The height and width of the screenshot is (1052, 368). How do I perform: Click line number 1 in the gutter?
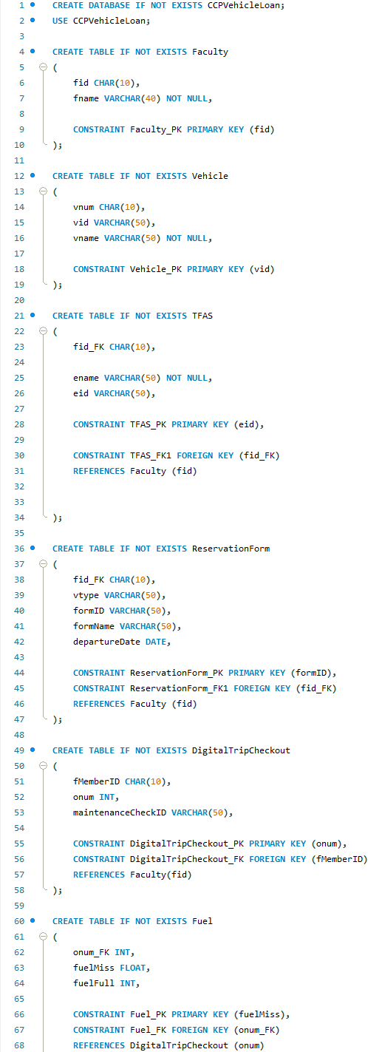tap(21, 5)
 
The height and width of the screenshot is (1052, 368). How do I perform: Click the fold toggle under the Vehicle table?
tap(43, 191)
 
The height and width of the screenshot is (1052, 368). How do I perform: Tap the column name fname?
tap(86, 98)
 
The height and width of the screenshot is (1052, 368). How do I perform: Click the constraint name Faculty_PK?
tap(156, 129)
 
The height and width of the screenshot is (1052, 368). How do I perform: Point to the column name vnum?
tap(84, 207)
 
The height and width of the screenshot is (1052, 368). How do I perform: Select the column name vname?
tap(86, 238)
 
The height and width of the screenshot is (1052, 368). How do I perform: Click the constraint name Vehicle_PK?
tap(156, 269)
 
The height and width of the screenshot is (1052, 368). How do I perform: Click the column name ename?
tap(86, 378)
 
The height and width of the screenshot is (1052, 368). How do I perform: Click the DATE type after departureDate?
tap(156, 642)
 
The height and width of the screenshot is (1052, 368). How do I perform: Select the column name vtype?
tap(86, 595)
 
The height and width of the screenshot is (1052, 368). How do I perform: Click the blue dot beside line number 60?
tap(33, 921)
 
